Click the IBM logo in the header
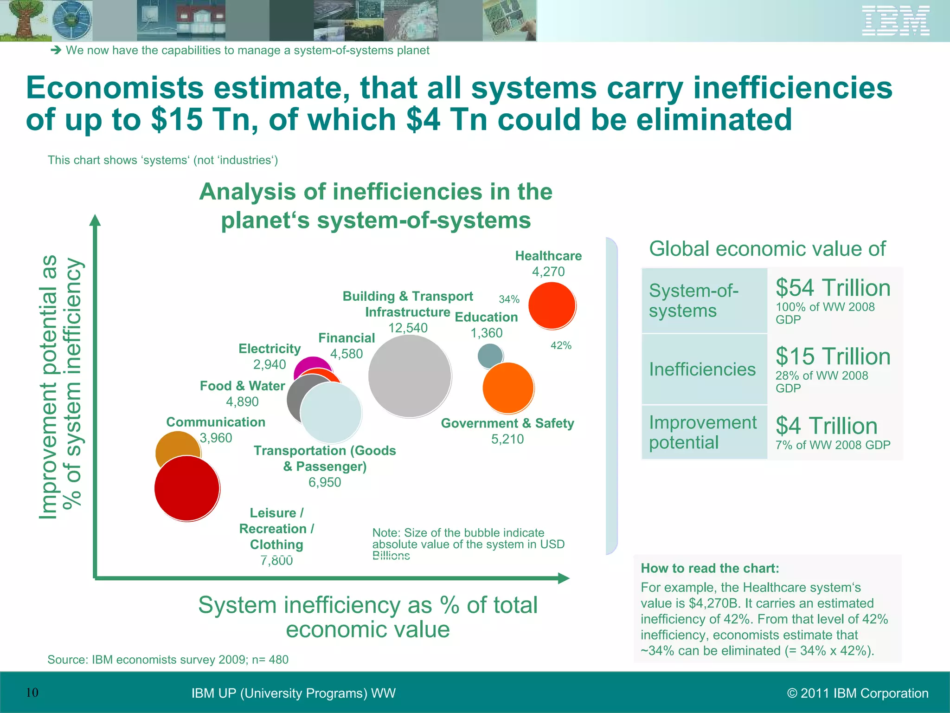[895, 20]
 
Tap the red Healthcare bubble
[552, 305]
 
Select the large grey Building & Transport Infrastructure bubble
[410, 376]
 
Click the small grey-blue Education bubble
[490, 355]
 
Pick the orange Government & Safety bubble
[508, 388]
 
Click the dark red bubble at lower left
[187, 488]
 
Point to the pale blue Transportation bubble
[331, 412]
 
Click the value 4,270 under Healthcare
[548, 272]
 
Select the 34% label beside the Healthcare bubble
[509, 299]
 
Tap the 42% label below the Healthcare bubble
[561, 345]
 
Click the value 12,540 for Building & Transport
[408, 328]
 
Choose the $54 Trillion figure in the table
[833, 288]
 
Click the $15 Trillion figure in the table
[833, 356]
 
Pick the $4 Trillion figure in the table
[827, 426]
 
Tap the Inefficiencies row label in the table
[702, 369]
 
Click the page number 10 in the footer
[32, 693]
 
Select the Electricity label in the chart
[270, 349]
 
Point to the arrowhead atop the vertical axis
[95, 220]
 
